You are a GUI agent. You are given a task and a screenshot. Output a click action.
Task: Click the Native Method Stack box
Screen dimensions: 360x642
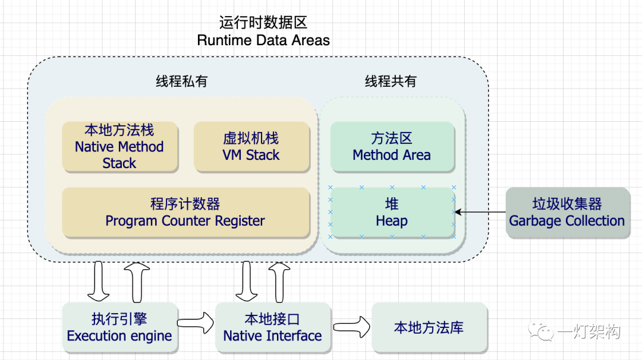[119, 147]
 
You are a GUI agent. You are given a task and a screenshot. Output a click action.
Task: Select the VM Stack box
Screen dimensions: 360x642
[251, 147]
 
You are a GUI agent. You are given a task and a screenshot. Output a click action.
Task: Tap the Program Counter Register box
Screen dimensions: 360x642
[185, 213]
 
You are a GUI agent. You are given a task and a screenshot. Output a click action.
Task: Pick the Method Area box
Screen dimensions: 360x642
[392, 147]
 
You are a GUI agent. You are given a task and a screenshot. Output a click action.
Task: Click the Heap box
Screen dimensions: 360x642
[392, 213]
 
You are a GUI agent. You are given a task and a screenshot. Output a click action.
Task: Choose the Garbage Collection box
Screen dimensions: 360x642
[567, 213]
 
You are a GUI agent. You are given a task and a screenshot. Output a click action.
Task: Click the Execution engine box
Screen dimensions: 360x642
[119, 327]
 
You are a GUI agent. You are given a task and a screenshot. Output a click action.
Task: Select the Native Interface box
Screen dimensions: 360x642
[272, 327]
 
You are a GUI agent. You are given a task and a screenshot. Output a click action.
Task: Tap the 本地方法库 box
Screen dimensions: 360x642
[429, 327]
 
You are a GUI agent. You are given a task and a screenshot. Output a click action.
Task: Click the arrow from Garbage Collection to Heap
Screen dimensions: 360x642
[481, 212]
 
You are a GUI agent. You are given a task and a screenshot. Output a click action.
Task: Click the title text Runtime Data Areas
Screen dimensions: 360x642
[263, 40]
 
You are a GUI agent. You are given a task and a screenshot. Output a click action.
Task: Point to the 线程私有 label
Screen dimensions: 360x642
[182, 81]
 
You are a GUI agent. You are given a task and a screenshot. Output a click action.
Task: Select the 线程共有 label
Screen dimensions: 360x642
[391, 81]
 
